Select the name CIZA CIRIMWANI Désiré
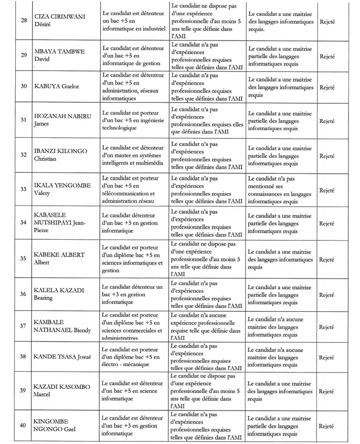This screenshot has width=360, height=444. point(59,21)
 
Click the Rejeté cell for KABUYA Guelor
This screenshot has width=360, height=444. point(327,87)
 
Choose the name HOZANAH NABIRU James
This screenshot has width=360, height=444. point(62,120)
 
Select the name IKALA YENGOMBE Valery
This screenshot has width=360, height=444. point(63,189)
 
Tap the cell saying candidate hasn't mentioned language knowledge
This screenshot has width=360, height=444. point(279,190)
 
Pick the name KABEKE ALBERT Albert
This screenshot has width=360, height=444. point(59,258)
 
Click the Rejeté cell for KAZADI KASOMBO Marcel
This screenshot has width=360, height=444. point(327,391)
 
